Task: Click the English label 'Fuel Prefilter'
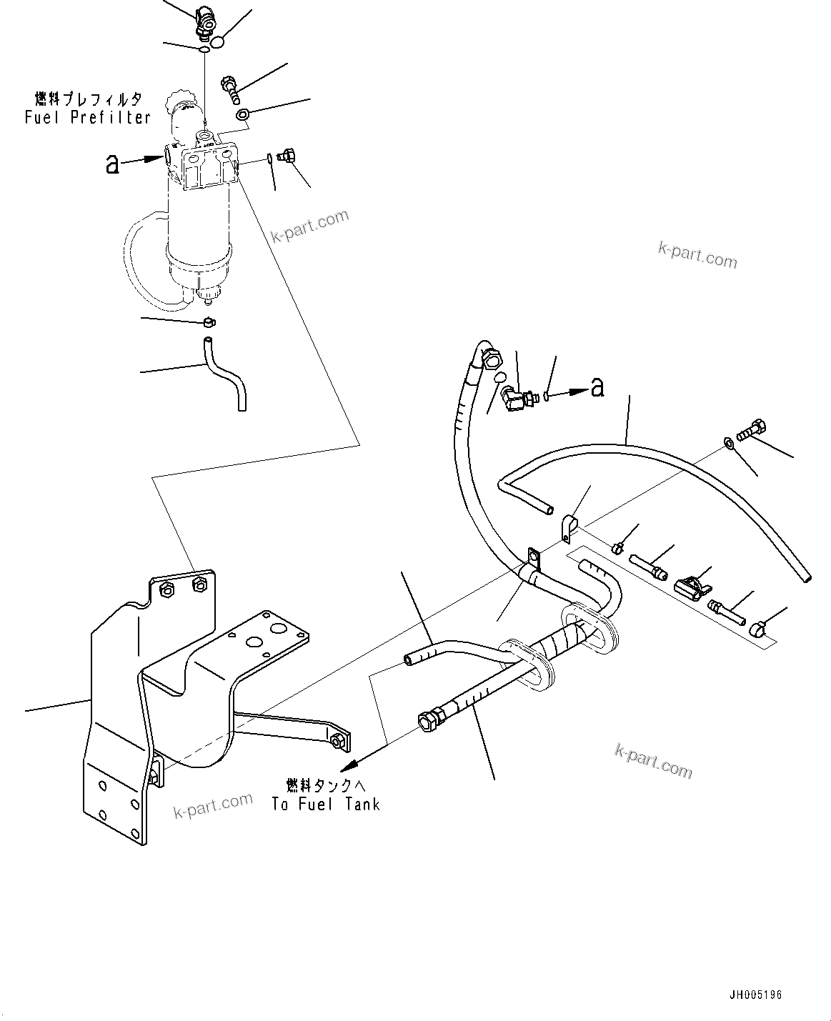87,118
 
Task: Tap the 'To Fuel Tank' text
325,804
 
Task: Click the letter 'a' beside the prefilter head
111,164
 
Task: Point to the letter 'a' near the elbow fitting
597,387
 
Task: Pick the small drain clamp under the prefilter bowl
208,322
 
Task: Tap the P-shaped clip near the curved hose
567,527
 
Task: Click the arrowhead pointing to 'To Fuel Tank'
348,765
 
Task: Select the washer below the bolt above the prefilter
242,114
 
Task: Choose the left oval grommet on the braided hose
530,663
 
